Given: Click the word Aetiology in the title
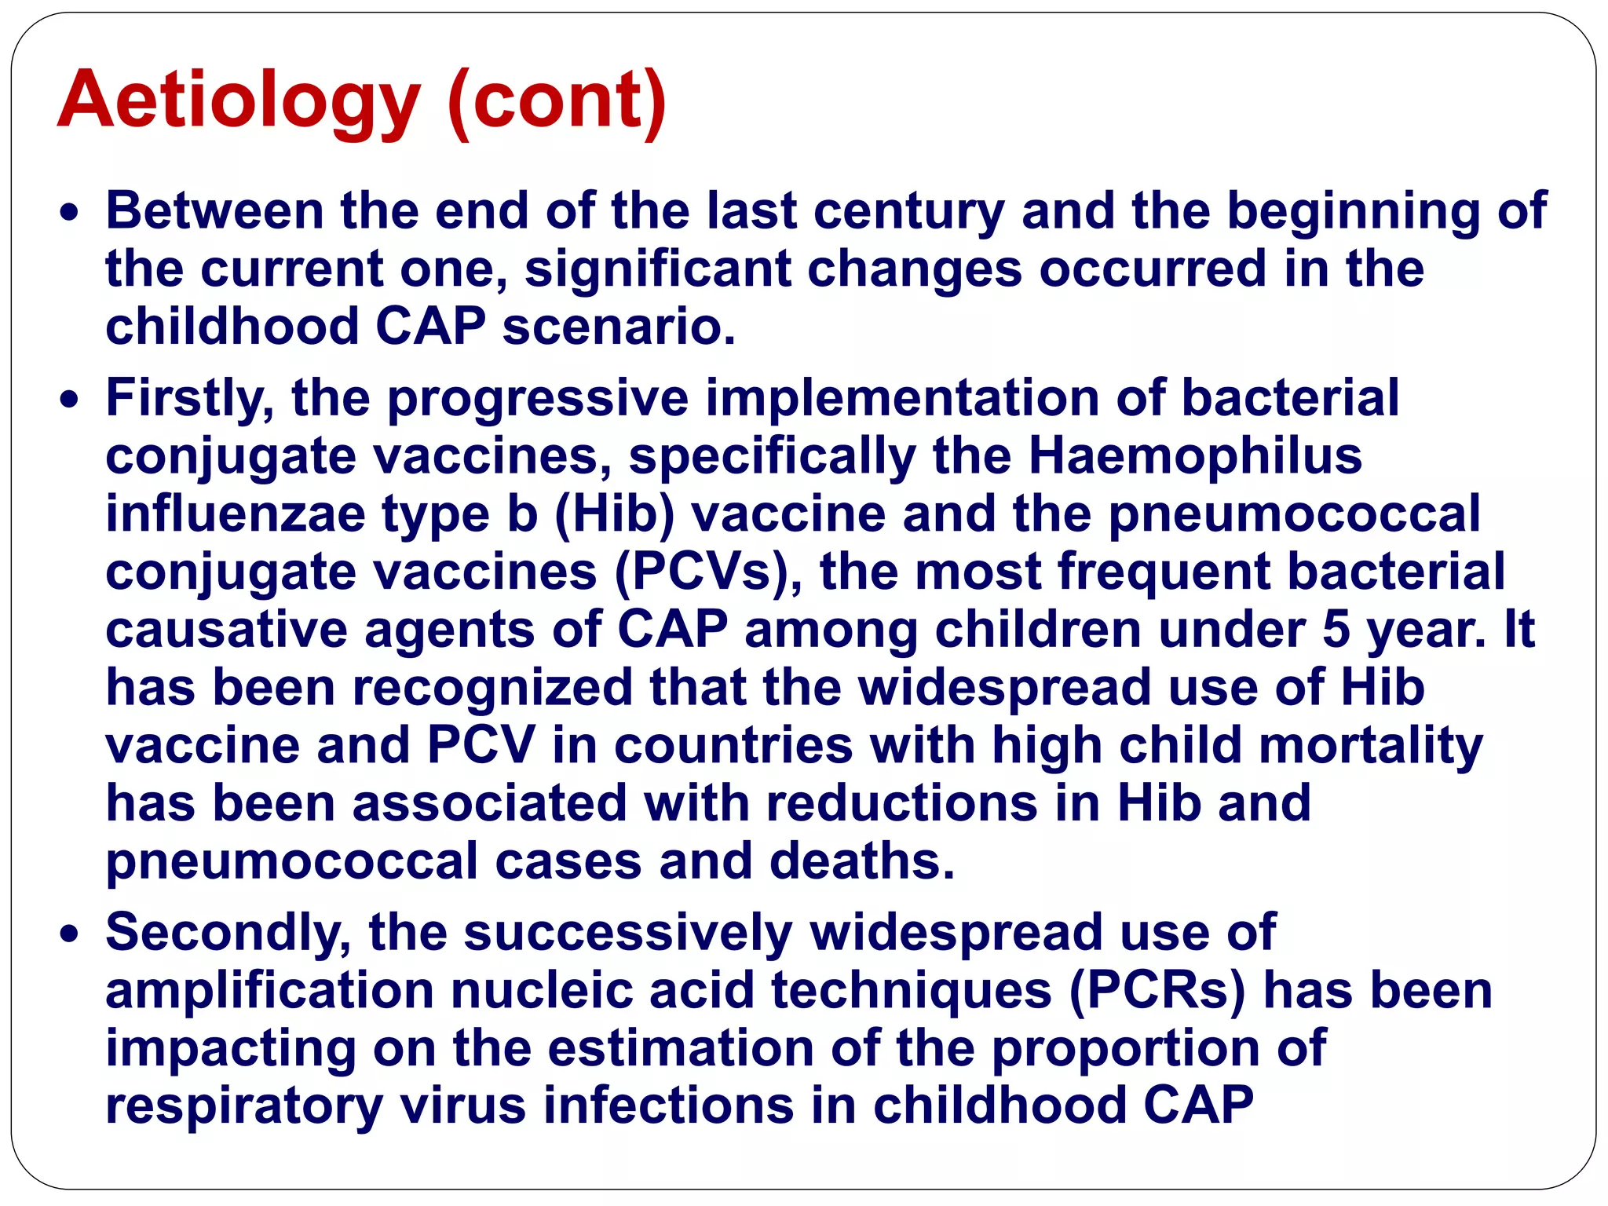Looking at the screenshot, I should [239, 100].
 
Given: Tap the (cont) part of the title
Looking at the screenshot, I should [557, 100].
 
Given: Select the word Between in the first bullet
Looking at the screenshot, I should [214, 211].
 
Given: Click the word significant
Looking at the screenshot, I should [657, 269].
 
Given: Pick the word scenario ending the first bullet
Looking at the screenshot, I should [618, 327].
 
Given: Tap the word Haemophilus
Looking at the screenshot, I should [1194, 456].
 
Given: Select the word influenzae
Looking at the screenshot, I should [236, 513].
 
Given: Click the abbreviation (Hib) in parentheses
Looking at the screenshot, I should [614, 515].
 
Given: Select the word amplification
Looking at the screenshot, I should [269, 991].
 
